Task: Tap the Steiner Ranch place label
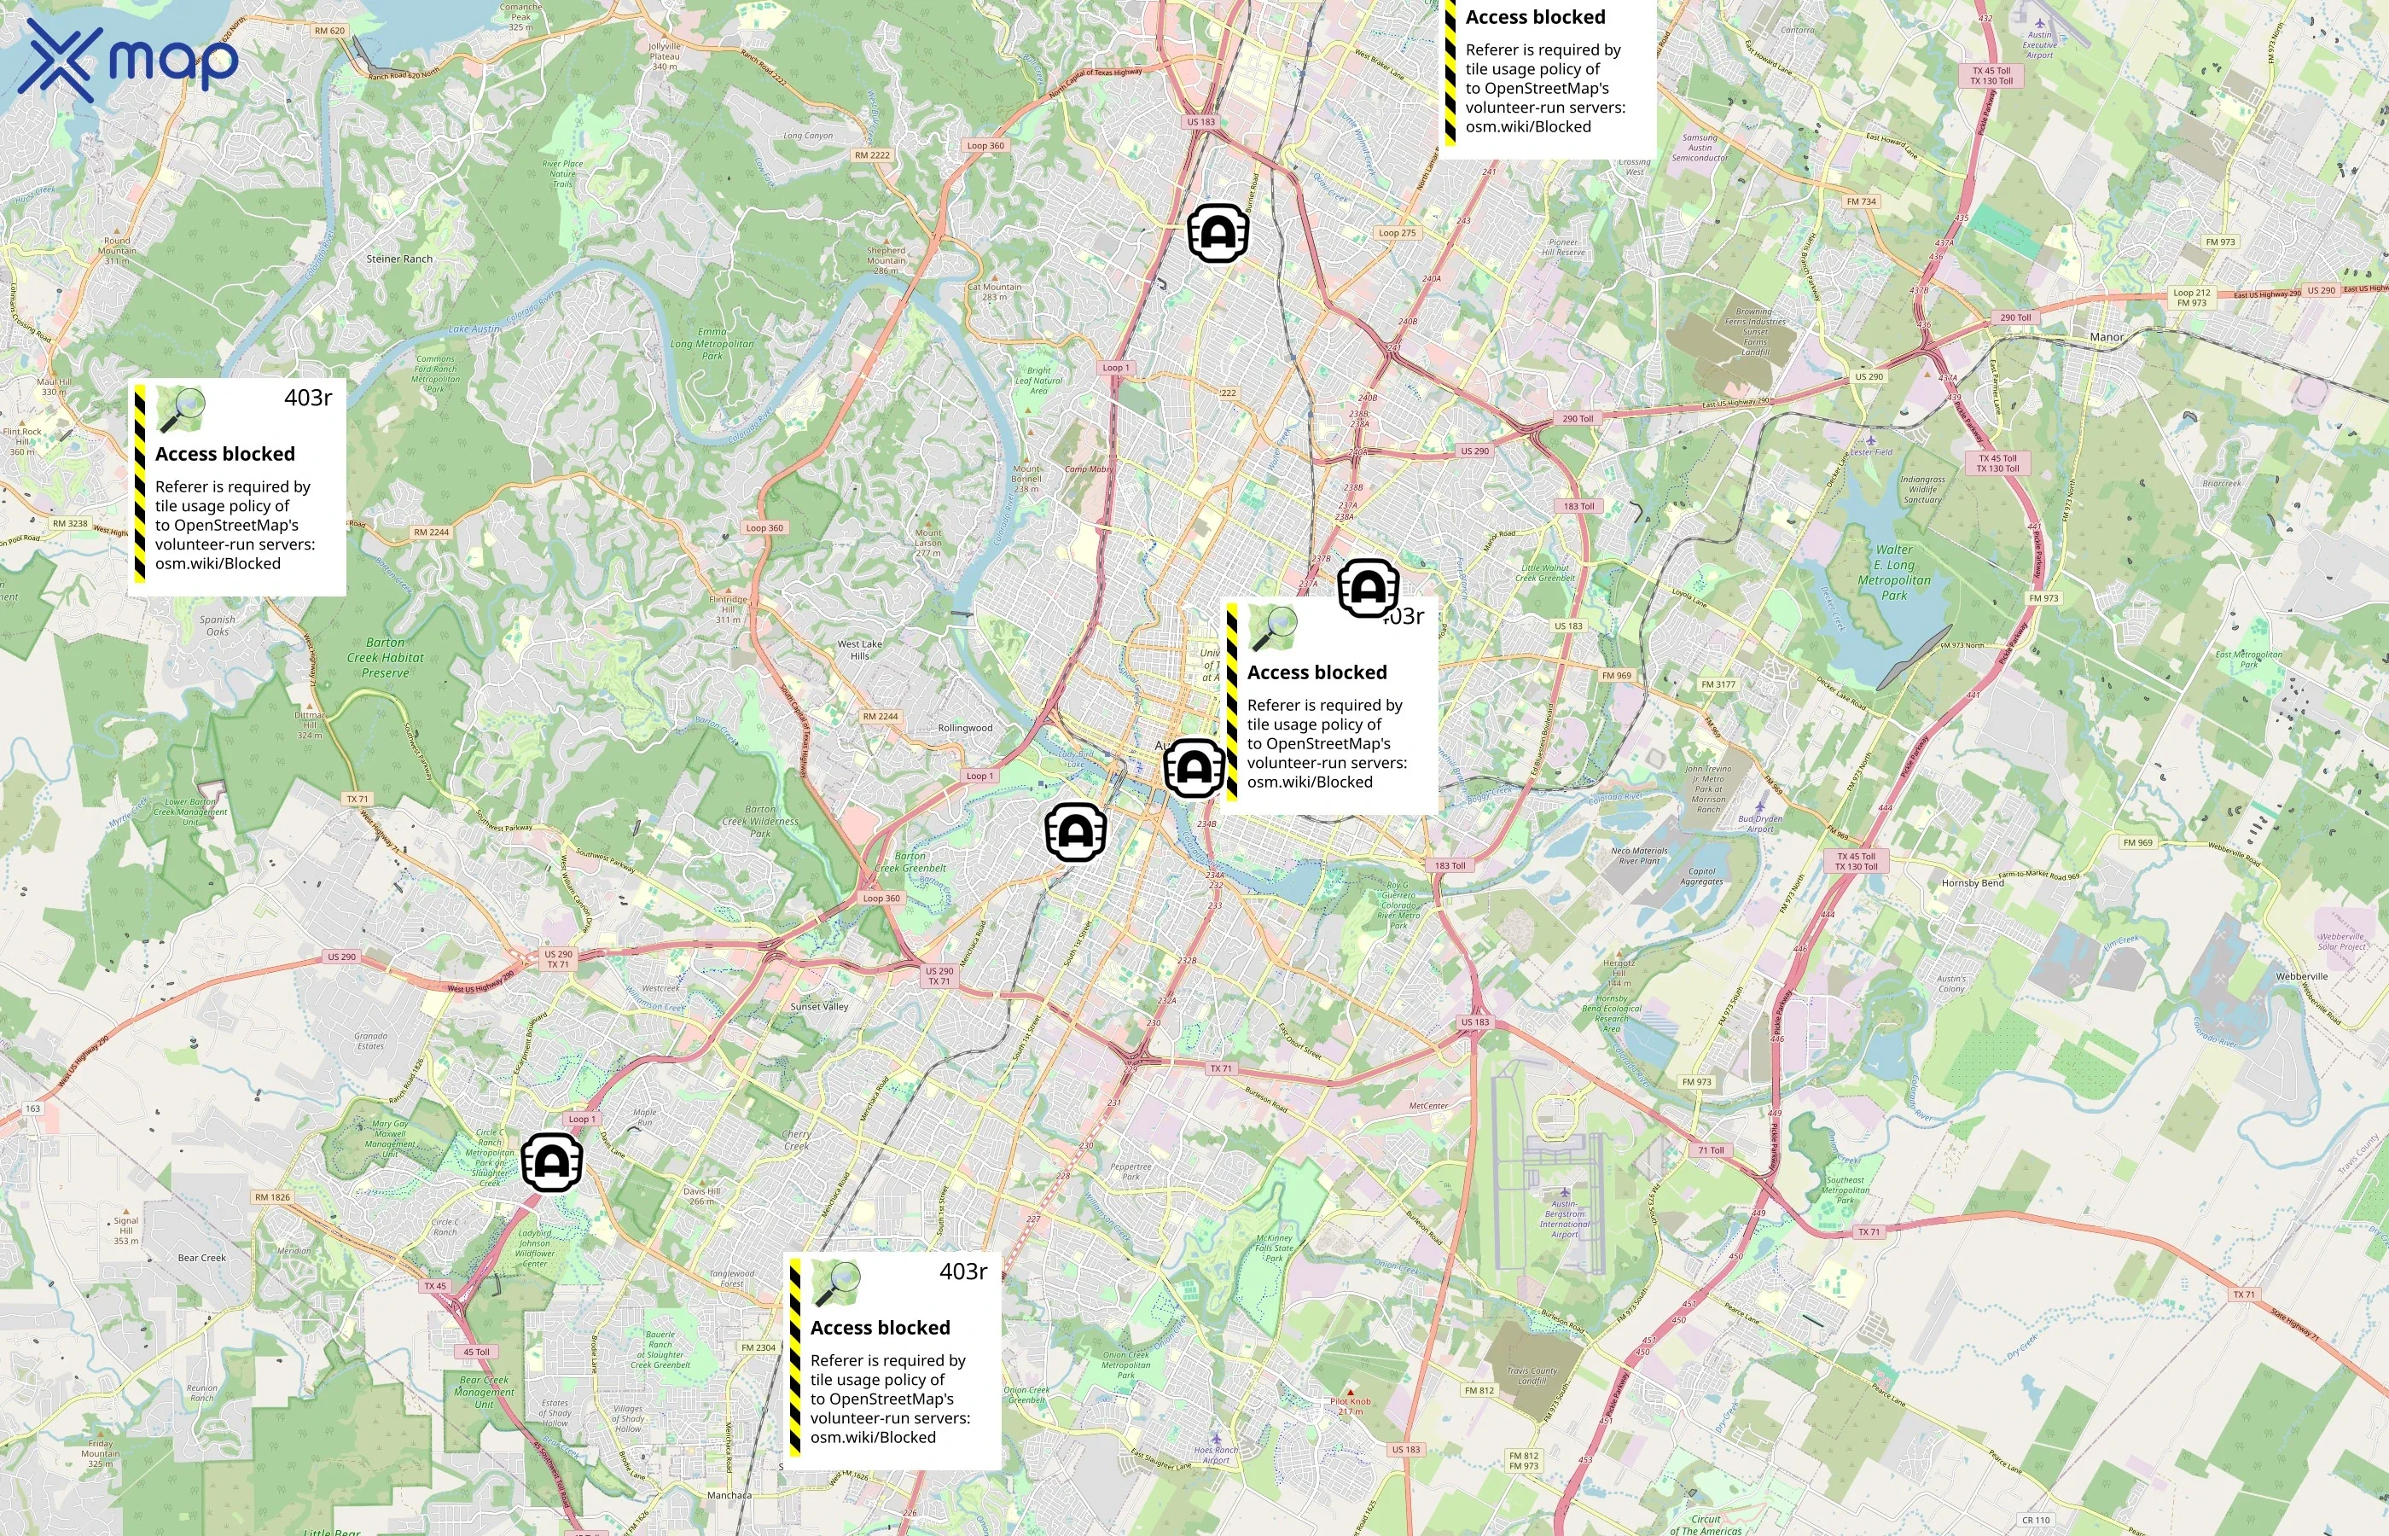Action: point(398,259)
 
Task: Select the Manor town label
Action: point(2106,337)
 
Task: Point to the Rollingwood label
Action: point(964,728)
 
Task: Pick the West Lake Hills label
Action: point(859,649)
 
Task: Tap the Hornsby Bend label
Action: point(1973,882)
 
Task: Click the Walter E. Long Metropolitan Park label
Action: point(1893,573)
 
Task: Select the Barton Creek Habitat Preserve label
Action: point(385,657)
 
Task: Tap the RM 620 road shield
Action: point(329,31)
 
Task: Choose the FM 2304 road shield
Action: point(758,1347)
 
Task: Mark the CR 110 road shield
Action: point(2036,1520)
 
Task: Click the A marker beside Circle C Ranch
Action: point(551,1162)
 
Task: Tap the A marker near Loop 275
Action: point(1218,234)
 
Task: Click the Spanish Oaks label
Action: point(218,625)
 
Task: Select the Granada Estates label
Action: point(370,1040)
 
